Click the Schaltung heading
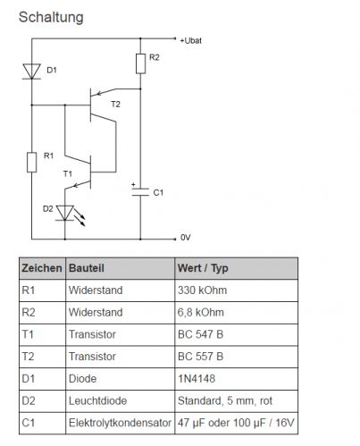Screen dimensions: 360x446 point(51,17)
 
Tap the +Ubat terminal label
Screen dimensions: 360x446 point(190,40)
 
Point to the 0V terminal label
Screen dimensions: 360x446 point(185,238)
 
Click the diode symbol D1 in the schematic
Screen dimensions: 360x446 point(32,72)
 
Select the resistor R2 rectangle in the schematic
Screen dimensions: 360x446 point(140,63)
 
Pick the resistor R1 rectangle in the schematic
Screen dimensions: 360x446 point(32,163)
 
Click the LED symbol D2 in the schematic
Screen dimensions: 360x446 point(65,213)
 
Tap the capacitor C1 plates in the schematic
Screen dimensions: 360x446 point(140,192)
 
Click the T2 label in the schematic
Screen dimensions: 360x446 point(115,104)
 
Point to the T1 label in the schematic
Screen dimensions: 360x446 point(68,173)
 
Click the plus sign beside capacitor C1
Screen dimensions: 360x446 point(133,185)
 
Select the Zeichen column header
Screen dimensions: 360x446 point(42,268)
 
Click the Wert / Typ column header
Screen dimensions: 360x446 point(203,268)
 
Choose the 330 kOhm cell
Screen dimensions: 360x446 point(202,290)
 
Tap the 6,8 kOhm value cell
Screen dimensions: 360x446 point(201,312)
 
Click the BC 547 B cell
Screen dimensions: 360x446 point(200,334)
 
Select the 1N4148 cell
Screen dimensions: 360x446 point(197,379)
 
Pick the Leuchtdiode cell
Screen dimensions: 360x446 point(97,400)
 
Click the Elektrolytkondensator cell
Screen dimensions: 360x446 point(120,423)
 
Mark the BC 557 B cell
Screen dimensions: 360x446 point(200,357)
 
